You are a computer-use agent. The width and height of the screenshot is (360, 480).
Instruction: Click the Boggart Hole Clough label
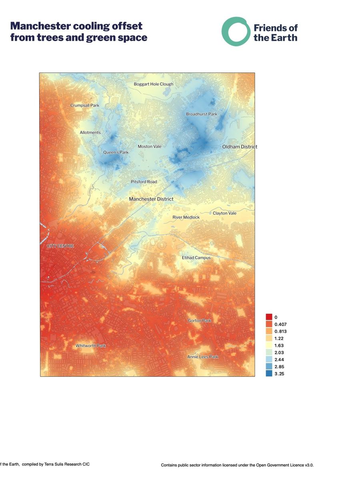(154, 84)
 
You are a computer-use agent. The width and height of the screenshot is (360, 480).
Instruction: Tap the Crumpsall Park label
(84, 106)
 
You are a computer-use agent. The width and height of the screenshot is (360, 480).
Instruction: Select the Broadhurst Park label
(201, 114)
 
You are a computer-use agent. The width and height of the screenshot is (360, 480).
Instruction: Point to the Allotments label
(90, 133)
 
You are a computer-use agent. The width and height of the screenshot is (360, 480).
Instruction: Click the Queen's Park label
(116, 152)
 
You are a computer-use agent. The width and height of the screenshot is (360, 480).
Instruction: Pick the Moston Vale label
(150, 147)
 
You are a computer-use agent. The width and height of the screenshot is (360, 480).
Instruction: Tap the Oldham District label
(240, 147)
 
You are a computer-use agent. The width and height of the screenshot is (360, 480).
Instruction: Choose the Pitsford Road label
(144, 182)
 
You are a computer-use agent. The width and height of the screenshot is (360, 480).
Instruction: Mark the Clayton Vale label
(224, 214)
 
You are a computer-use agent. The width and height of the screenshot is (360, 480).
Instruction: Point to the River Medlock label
(186, 217)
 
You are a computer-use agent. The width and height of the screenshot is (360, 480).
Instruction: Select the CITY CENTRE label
(58, 246)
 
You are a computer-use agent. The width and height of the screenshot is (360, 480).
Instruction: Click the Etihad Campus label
(196, 258)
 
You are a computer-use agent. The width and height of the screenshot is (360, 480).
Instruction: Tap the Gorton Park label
(199, 321)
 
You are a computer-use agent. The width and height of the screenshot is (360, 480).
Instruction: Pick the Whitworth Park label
(91, 346)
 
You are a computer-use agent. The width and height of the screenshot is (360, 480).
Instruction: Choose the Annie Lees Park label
(203, 357)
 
